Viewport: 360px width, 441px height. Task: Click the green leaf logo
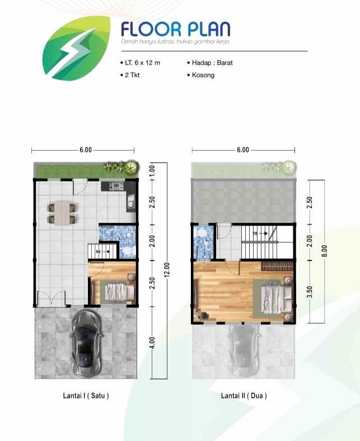tap(77, 48)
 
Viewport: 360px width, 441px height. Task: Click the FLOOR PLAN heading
tap(176, 29)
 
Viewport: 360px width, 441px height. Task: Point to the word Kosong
tap(203, 75)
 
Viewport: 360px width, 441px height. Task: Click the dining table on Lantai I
tap(62, 213)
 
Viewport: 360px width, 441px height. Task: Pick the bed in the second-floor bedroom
tap(275, 298)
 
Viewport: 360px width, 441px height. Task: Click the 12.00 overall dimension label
tap(167, 270)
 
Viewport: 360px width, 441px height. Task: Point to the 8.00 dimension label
tap(325, 251)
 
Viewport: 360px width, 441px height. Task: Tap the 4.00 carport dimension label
tap(152, 342)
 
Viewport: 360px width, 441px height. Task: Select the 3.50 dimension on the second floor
tap(310, 292)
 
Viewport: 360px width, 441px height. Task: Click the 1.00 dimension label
tap(152, 170)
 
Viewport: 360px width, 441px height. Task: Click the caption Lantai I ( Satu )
tap(86, 396)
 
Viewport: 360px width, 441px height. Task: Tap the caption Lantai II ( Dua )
tap(244, 396)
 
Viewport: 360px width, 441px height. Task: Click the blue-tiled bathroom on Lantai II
tap(203, 242)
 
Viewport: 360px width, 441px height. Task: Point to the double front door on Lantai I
tap(51, 299)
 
